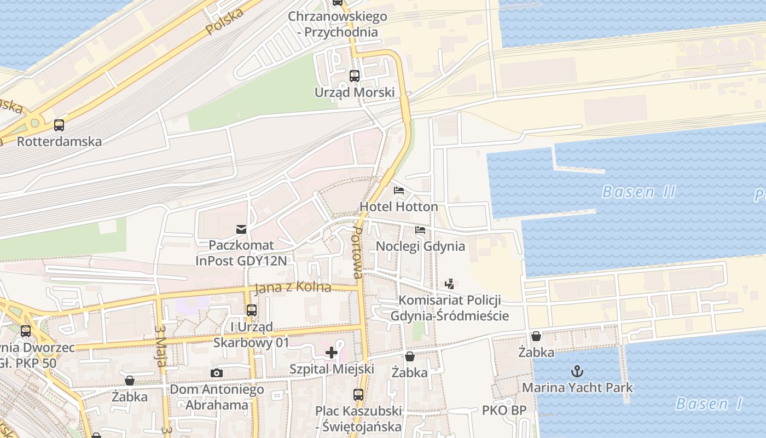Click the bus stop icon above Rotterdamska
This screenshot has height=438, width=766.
[59, 125]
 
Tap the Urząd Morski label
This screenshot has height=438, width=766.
[354, 92]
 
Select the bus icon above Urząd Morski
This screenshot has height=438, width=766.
[354, 76]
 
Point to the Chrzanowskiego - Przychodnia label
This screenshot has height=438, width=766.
[338, 24]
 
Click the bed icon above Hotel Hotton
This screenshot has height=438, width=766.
[399, 191]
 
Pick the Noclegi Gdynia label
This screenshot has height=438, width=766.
[420, 246]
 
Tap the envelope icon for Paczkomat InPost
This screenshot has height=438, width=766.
[241, 229]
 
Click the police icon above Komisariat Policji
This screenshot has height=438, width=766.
[449, 284]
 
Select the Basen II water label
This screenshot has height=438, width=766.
[639, 192]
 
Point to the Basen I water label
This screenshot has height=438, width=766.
[709, 404]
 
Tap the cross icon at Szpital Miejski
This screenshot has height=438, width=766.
[331, 353]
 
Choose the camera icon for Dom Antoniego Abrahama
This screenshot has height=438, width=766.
[217, 373]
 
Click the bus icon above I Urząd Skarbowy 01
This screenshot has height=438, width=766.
[252, 310]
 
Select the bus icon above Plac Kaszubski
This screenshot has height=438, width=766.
[358, 394]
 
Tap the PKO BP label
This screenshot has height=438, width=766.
[504, 410]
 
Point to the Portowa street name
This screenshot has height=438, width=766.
[358, 253]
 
